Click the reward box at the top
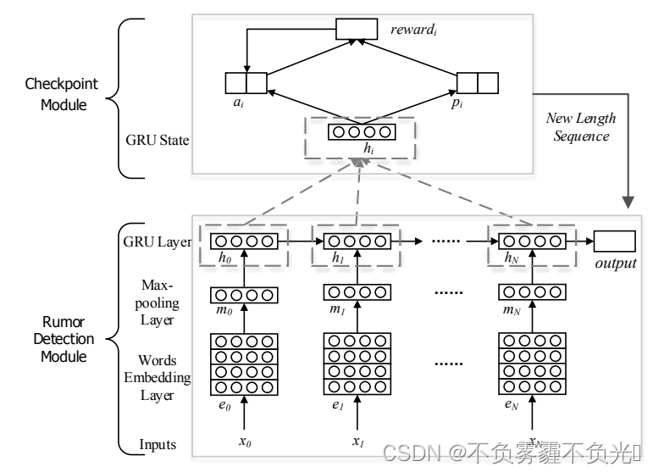point(357,30)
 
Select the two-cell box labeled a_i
point(246,82)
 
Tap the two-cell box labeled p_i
point(478,82)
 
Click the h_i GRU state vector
point(362,132)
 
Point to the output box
point(615,242)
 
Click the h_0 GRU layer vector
point(243,242)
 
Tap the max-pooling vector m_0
point(243,295)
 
